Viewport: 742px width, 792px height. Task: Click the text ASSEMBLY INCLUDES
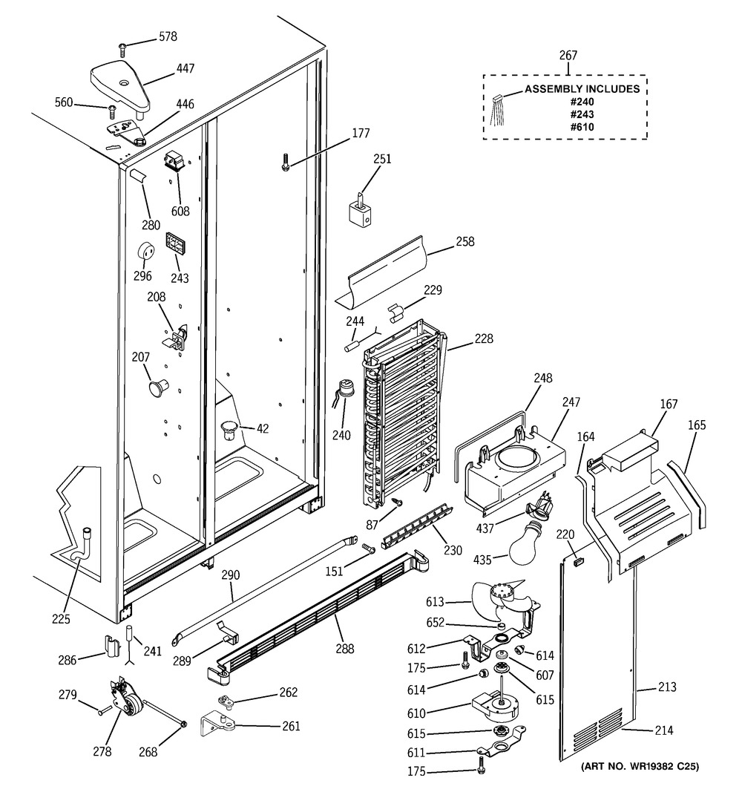point(582,89)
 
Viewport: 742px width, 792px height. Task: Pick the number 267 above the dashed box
point(568,56)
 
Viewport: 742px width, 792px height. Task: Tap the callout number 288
point(344,648)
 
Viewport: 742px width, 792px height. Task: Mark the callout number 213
point(666,687)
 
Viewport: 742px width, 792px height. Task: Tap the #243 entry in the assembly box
point(582,114)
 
